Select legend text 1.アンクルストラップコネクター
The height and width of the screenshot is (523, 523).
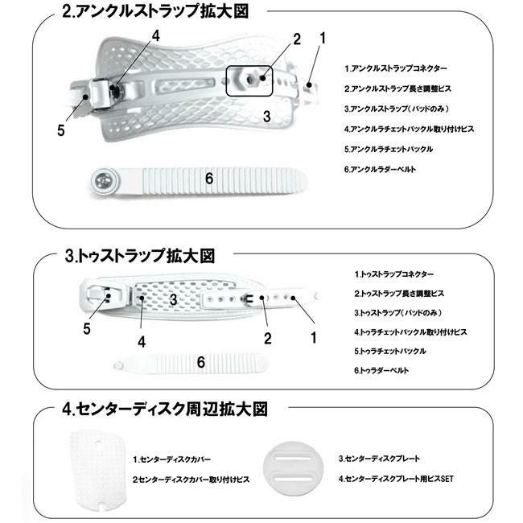395,68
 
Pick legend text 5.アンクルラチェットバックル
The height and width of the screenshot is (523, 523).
389,150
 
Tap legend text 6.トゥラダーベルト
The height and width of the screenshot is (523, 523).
382,370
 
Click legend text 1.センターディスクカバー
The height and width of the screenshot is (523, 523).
172,459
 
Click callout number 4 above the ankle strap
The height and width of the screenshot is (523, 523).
156,35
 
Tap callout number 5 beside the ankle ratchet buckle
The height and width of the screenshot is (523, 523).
60,131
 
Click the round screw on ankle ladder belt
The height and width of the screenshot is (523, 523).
102,179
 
